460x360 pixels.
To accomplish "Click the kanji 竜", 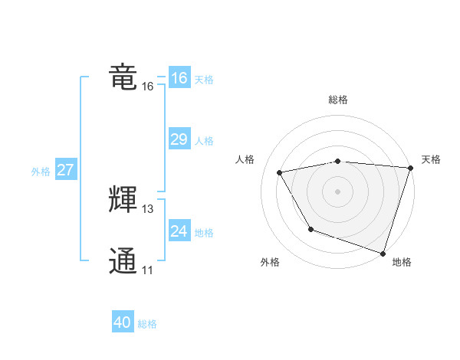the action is point(123,77).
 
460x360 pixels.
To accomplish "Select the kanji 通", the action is point(123,260).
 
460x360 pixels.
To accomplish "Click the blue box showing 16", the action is point(179,78).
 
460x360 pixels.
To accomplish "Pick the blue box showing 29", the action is point(179,139).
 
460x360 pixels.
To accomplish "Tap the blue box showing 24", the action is point(179,231).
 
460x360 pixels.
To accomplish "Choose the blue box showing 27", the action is point(65,170).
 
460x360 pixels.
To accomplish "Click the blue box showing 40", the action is point(123,322).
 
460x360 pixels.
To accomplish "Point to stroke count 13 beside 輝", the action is point(148,209).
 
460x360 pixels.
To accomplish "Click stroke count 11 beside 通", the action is point(147,270).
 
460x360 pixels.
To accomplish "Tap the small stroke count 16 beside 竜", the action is point(148,87).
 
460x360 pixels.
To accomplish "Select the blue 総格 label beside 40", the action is point(147,324).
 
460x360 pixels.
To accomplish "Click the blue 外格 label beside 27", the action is point(41,172).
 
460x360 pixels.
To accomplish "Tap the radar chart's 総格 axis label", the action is point(338,100).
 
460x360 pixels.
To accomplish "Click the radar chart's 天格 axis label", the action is point(431,159).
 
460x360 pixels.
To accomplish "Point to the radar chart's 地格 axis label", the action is point(402,262).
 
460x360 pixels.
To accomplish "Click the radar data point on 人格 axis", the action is point(281,173).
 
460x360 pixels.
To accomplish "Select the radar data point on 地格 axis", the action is point(383,252).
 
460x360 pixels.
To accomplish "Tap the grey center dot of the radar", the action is point(338,191).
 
